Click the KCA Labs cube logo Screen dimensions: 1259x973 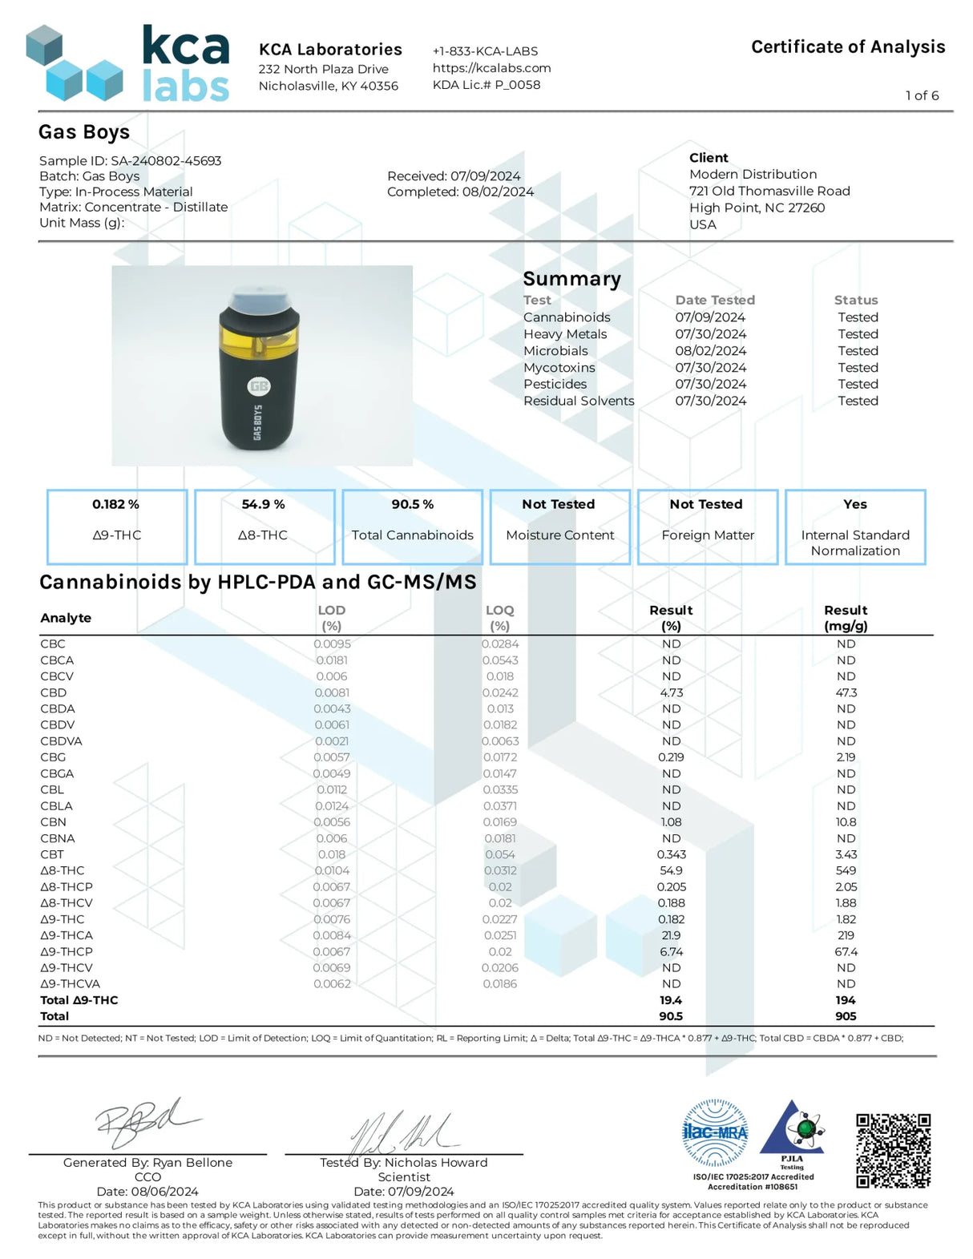75,64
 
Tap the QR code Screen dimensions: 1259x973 893,1150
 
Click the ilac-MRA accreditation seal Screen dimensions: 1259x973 714,1132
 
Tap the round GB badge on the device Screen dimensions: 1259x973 259,386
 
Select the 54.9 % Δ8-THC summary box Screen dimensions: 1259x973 264,527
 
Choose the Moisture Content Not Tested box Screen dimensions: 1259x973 559,527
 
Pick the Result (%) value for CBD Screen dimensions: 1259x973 671,692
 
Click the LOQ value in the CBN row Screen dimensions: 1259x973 499,822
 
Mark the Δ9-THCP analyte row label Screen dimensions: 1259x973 67,951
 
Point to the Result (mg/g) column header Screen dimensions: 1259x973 846,618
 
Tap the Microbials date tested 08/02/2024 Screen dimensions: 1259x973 710,351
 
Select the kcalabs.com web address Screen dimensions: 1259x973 491,68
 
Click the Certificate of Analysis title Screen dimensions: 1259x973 847,46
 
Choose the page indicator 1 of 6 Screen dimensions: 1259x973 922,95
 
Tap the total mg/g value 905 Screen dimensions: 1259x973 846,1016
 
